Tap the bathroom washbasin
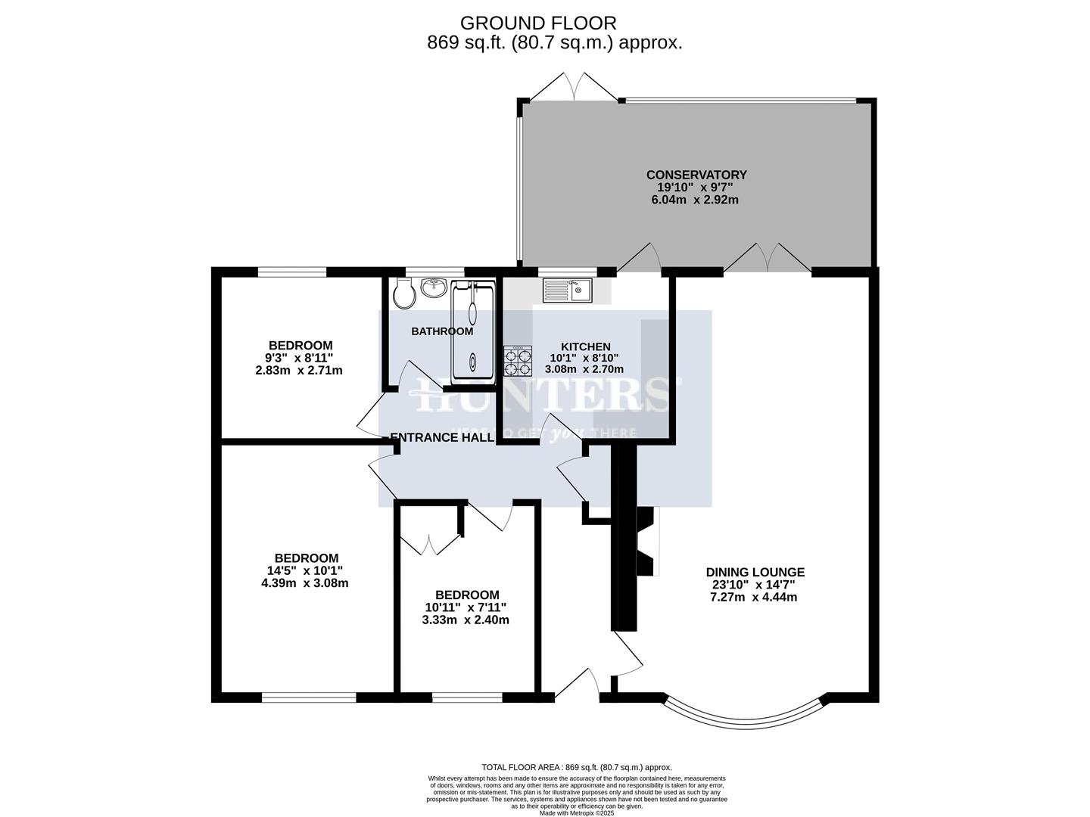434,287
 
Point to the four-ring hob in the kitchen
518,361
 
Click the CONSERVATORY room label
696,175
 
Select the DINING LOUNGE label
755,573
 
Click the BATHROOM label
442,331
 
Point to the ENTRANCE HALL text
442,437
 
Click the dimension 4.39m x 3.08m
304,583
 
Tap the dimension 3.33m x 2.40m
466,620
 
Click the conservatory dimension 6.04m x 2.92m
695,200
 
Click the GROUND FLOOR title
538,23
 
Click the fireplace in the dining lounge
644,542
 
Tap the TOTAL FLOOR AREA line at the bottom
576,767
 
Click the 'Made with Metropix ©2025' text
577,813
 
